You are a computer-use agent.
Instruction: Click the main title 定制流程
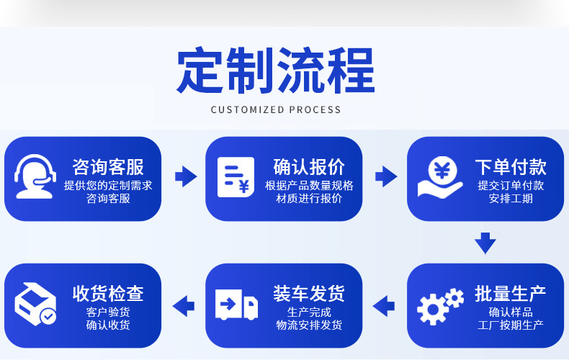pyautogui.click(x=275, y=70)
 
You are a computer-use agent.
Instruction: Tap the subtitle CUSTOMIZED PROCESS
pyautogui.click(x=276, y=109)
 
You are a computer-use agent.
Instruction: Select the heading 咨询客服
pyautogui.click(x=108, y=167)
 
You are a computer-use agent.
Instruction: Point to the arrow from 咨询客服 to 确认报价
pyautogui.click(x=185, y=175)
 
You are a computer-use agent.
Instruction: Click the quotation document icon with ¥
pyautogui.click(x=236, y=176)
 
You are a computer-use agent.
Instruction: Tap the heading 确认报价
pyautogui.click(x=309, y=167)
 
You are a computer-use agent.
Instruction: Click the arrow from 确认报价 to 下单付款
pyautogui.click(x=386, y=175)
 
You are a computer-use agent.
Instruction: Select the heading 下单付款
pyautogui.click(x=511, y=167)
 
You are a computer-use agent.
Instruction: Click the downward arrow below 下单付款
pyautogui.click(x=485, y=243)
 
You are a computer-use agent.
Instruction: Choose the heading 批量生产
pyautogui.click(x=511, y=294)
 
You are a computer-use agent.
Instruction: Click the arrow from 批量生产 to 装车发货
pyautogui.click(x=385, y=305)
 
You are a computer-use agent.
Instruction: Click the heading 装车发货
pyautogui.click(x=309, y=294)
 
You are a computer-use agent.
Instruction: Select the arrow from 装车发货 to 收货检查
pyautogui.click(x=184, y=305)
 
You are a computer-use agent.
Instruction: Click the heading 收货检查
pyautogui.click(x=108, y=294)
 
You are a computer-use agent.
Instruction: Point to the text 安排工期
pyautogui.click(x=511, y=198)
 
